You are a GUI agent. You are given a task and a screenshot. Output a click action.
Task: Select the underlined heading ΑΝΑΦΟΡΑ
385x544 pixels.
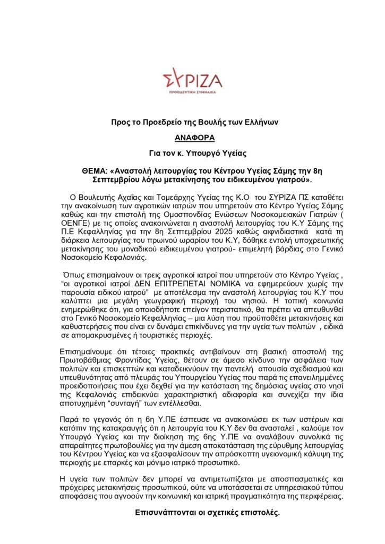pyautogui.click(x=192, y=138)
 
